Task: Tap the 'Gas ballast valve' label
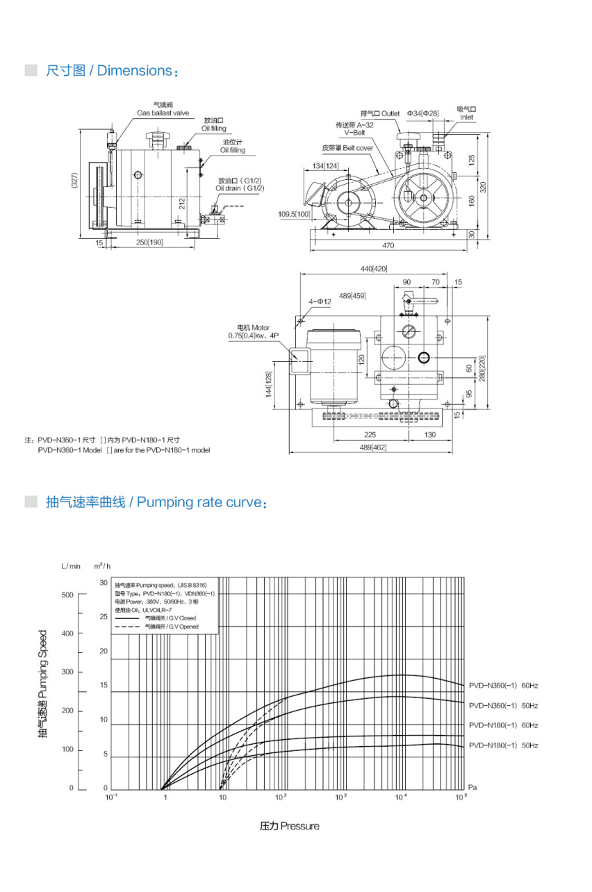click(162, 113)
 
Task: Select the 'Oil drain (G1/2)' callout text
click(240, 188)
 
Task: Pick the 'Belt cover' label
click(347, 148)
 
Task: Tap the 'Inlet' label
click(466, 117)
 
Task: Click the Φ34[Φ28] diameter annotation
click(424, 113)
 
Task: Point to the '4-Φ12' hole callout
click(320, 302)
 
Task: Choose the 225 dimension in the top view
click(370, 434)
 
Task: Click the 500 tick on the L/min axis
click(67, 595)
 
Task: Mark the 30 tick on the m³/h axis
click(104, 583)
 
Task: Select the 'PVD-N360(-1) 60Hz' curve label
click(503, 686)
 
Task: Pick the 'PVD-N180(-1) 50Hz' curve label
click(503, 745)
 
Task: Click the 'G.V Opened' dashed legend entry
click(171, 627)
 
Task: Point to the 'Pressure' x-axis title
click(290, 826)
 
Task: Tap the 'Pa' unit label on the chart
click(472, 788)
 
